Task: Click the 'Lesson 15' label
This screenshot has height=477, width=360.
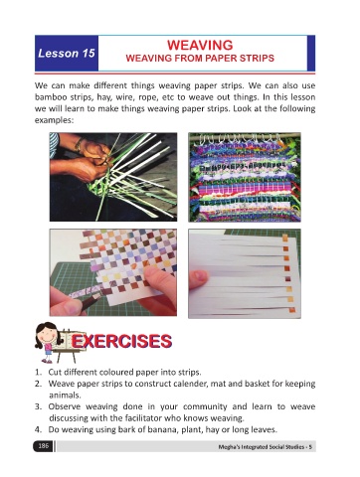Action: pos(67,53)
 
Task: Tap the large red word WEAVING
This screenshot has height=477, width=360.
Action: pos(200,45)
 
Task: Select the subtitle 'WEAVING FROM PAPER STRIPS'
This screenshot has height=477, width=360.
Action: pos(200,59)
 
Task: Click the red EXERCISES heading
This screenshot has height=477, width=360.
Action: pos(121,341)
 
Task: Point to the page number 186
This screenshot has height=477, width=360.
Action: pos(43,446)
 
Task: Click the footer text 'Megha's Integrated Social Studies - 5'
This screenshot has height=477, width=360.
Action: pos(265,447)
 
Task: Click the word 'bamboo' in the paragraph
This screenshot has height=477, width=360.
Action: pos(47,97)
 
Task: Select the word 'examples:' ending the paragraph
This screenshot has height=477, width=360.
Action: pos(54,120)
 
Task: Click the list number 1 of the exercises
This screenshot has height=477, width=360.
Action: pos(38,372)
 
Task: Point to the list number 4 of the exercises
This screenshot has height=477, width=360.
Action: pos(38,429)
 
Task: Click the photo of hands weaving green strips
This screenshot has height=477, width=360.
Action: pos(113,177)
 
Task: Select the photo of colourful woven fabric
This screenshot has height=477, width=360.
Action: pos(245,177)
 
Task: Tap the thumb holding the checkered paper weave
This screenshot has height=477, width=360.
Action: pos(159,281)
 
